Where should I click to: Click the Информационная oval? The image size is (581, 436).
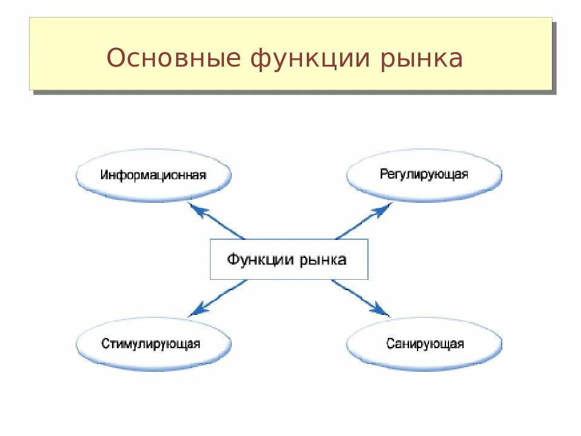pos(154,175)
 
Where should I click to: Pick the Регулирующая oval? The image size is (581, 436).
pos(424,175)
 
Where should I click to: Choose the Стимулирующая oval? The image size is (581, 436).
pos(154,344)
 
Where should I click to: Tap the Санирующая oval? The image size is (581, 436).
pos(424,344)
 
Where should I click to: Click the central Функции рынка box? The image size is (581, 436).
pos(289,259)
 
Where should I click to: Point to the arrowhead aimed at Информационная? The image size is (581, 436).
pos(195,208)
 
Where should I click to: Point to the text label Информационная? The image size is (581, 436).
pos(154,175)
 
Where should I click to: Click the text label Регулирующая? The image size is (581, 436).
pos(424,174)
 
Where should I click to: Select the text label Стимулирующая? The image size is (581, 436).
pos(151,344)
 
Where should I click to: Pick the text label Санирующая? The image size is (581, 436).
pos(425,344)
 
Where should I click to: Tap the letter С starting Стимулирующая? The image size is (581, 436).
pos(105,344)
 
